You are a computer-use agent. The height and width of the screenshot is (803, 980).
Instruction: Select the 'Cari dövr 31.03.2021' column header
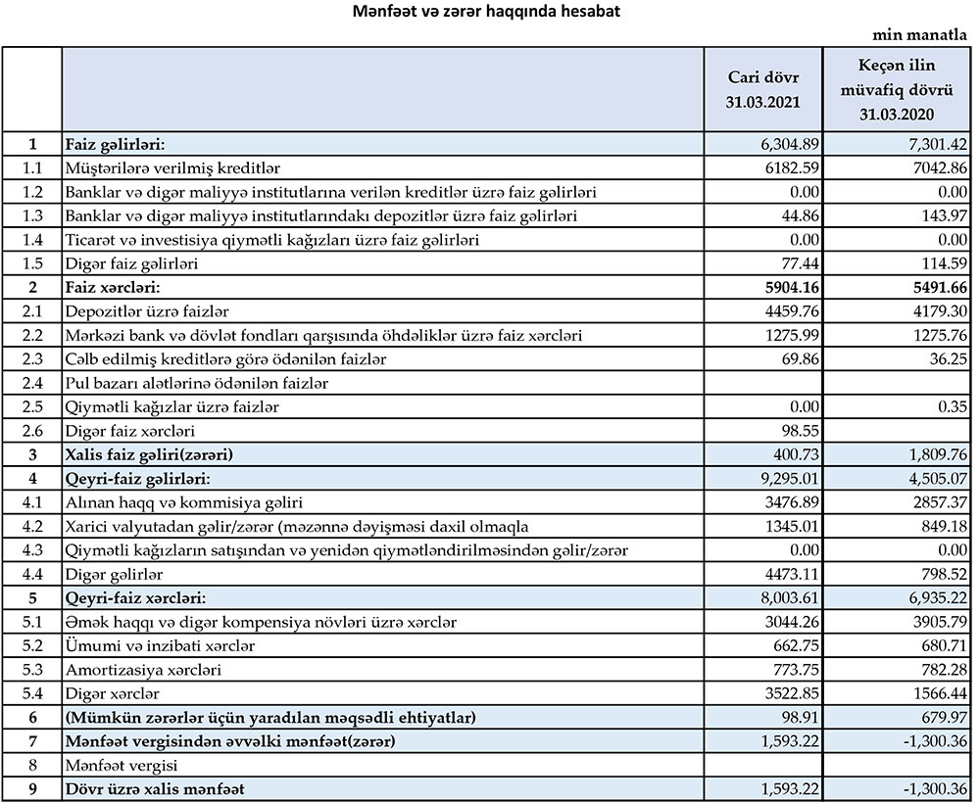coord(769,88)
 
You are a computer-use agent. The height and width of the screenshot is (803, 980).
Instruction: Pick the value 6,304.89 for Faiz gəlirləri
coord(791,145)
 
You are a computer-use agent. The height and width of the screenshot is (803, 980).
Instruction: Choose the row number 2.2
coord(32,335)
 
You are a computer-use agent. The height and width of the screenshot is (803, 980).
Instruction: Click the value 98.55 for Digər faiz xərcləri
coord(800,431)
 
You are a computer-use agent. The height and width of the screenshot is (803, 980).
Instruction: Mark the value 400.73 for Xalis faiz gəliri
coord(796,455)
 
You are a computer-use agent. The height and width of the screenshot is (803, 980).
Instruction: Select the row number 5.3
coord(32,670)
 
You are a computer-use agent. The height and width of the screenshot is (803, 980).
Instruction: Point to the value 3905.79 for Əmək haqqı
coord(939,623)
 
